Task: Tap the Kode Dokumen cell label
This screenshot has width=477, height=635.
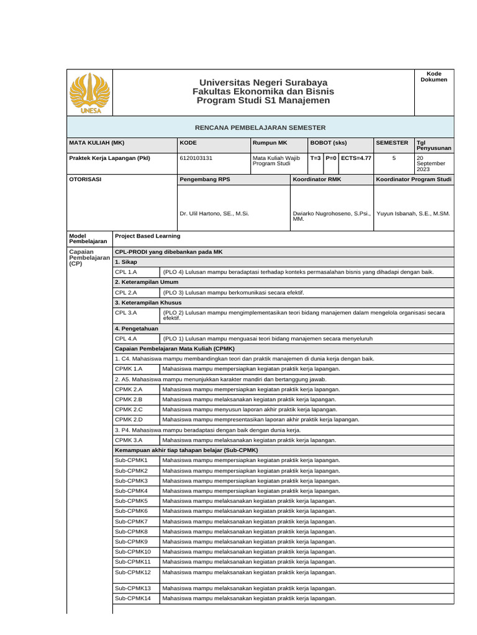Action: (434, 76)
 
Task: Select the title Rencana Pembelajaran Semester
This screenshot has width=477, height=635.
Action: (260, 127)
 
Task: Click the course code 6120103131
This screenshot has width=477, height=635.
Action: (196, 158)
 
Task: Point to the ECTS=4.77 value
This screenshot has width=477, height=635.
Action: (356, 158)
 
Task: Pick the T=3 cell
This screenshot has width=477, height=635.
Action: (316, 158)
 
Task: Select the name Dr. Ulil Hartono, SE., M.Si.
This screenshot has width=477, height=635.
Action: (214, 213)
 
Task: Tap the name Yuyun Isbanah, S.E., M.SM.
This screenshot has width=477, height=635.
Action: (413, 213)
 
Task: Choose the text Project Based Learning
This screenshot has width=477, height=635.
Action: (148, 236)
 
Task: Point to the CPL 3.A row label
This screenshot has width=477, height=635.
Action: (126, 313)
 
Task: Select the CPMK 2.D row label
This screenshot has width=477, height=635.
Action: (129, 420)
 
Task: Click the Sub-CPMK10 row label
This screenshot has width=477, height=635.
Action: (133, 551)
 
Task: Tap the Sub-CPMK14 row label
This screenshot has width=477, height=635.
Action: (133, 598)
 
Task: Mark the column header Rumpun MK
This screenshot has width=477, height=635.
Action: (270, 143)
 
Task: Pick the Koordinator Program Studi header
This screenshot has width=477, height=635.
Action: (414, 179)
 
